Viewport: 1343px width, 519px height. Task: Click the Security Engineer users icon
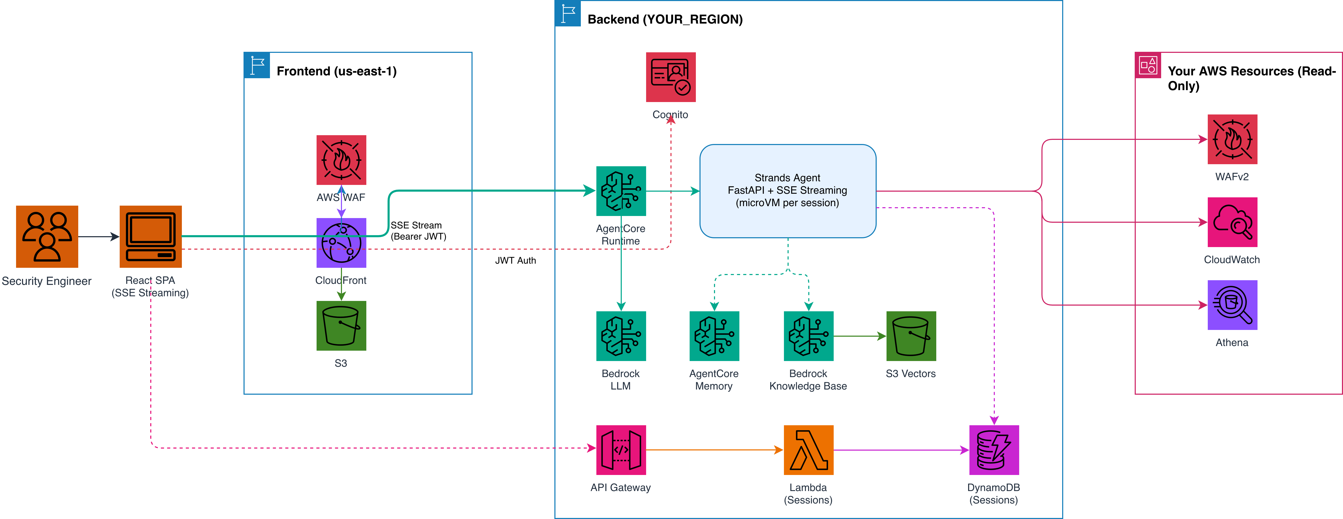click(47, 236)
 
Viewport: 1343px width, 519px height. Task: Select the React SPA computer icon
click(151, 236)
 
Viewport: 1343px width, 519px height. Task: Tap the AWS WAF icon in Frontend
click(341, 160)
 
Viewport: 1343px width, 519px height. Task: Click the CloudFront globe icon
click(341, 243)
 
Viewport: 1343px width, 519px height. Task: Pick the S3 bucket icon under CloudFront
click(341, 326)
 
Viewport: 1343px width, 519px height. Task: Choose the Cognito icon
click(671, 77)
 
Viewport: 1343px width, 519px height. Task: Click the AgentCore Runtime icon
click(621, 191)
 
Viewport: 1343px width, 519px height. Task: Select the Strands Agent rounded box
click(788, 191)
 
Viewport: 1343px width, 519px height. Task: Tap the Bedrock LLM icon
click(621, 336)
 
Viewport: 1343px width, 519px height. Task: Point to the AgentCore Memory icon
click(714, 336)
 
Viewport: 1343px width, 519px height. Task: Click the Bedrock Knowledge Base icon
click(809, 336)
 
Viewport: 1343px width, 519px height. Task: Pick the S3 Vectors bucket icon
click(911, 336)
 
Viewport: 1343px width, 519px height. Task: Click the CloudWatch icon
click(1232, 222)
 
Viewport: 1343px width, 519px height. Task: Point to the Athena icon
click(1232, 305)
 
